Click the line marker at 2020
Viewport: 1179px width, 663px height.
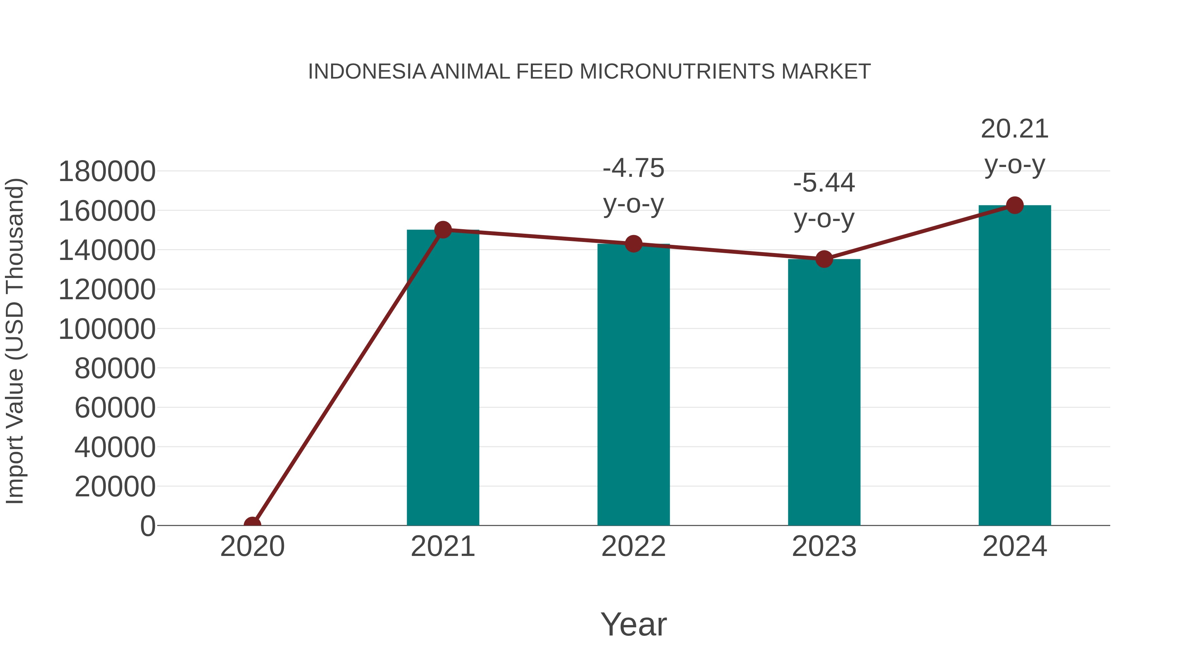click(x=252, y=525)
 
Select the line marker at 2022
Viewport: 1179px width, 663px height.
click(x=633, y=244)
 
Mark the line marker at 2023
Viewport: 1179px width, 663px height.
click(x=824, y=259)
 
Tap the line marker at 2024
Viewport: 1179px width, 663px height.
click(x=1015, y=205)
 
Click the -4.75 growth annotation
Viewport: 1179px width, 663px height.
click(x=633, y=185)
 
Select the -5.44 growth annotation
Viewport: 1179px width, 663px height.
click(x=824, y=200)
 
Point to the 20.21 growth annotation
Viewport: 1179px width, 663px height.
click(x=1015, y=146)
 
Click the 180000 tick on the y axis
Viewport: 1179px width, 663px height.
click(x=107, y=172)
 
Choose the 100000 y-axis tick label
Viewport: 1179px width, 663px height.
click(x=107, y=329)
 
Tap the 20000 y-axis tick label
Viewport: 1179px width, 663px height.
click(x=115, y=487)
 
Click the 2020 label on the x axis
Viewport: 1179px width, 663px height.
click(x=252, y=546)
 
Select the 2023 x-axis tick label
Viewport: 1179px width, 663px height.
click(x=824, y=546)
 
